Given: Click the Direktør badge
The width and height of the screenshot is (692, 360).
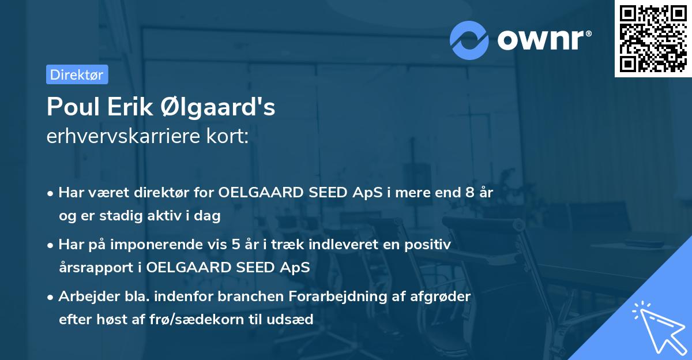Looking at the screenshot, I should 77,74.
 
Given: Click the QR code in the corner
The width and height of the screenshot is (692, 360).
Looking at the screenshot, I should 653,38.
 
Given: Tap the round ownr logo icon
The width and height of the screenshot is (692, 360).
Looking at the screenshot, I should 469,40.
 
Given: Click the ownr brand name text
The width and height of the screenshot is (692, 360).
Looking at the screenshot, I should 543,39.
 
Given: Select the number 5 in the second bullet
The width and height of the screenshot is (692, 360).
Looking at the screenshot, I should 236,245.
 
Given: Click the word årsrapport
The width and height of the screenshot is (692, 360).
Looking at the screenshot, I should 93,267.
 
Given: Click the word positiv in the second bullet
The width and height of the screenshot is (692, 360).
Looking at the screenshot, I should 428,245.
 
